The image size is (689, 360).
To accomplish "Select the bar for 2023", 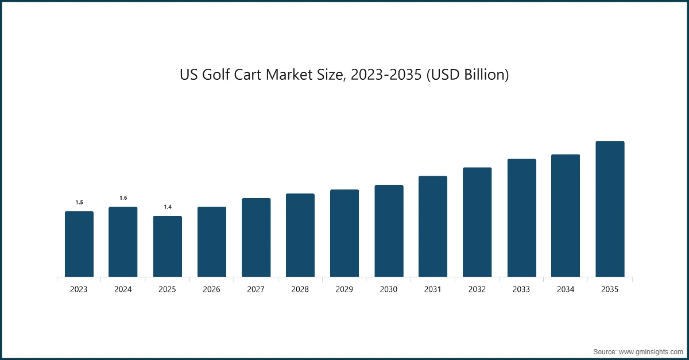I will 79,244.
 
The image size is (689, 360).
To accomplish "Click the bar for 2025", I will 167,246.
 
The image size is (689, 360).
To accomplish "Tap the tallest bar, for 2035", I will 610,209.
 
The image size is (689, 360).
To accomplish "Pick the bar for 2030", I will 389,231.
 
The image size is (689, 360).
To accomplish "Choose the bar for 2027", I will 256,237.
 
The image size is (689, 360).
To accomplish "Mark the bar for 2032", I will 477,222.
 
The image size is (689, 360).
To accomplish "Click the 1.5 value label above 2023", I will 79,202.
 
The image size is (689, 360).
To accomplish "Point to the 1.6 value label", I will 123,198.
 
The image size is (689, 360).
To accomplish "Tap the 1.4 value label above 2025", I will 168,207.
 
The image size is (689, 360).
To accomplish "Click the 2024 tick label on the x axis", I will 123,290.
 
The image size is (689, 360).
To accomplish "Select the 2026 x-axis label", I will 211,290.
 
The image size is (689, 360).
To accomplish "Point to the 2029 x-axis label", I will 344,290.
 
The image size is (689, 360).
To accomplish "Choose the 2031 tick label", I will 433,290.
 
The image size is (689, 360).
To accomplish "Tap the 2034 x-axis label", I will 566,290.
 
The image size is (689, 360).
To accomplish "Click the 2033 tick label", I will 521,290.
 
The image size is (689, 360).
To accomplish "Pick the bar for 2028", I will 300,235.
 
